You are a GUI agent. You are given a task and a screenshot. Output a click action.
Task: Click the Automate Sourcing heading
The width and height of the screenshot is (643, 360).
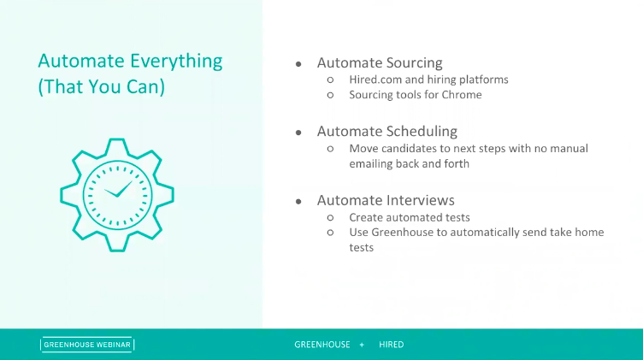(380, 63)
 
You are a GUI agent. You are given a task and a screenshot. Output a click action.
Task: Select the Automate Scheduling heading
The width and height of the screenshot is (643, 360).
(386, 132)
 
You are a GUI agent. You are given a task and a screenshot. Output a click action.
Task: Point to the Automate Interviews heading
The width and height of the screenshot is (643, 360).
(386, 200)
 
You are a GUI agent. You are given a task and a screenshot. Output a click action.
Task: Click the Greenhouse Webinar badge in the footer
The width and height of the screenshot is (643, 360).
(87, 345)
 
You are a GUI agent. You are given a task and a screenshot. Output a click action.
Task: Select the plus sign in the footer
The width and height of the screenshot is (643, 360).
(362, 345)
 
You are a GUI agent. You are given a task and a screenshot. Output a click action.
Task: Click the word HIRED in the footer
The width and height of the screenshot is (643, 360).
(391, 345)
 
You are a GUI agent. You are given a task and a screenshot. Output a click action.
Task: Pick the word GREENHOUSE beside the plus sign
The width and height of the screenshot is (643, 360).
(322, 345)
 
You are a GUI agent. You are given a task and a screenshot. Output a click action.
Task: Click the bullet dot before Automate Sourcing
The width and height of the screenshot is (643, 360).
(298, 64)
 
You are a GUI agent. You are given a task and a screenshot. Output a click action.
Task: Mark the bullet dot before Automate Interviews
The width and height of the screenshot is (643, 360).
(298, 201)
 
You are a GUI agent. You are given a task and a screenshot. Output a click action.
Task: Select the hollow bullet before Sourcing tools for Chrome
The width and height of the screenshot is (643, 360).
(330, 95)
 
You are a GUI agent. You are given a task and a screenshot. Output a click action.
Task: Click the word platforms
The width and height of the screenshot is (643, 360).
(482, 80)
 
